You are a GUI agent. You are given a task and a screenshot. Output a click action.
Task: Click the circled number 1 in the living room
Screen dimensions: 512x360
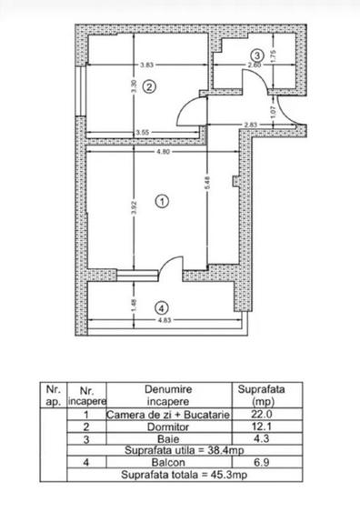(x=163, y=201)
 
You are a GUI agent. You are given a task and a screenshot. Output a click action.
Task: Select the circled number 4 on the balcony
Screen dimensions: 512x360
(x=161, y=306)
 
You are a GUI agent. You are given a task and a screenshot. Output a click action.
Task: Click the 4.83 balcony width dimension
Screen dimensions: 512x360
(x=163, y=322)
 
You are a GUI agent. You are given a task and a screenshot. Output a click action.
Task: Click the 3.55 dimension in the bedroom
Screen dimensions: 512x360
(x=142, y=132)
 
